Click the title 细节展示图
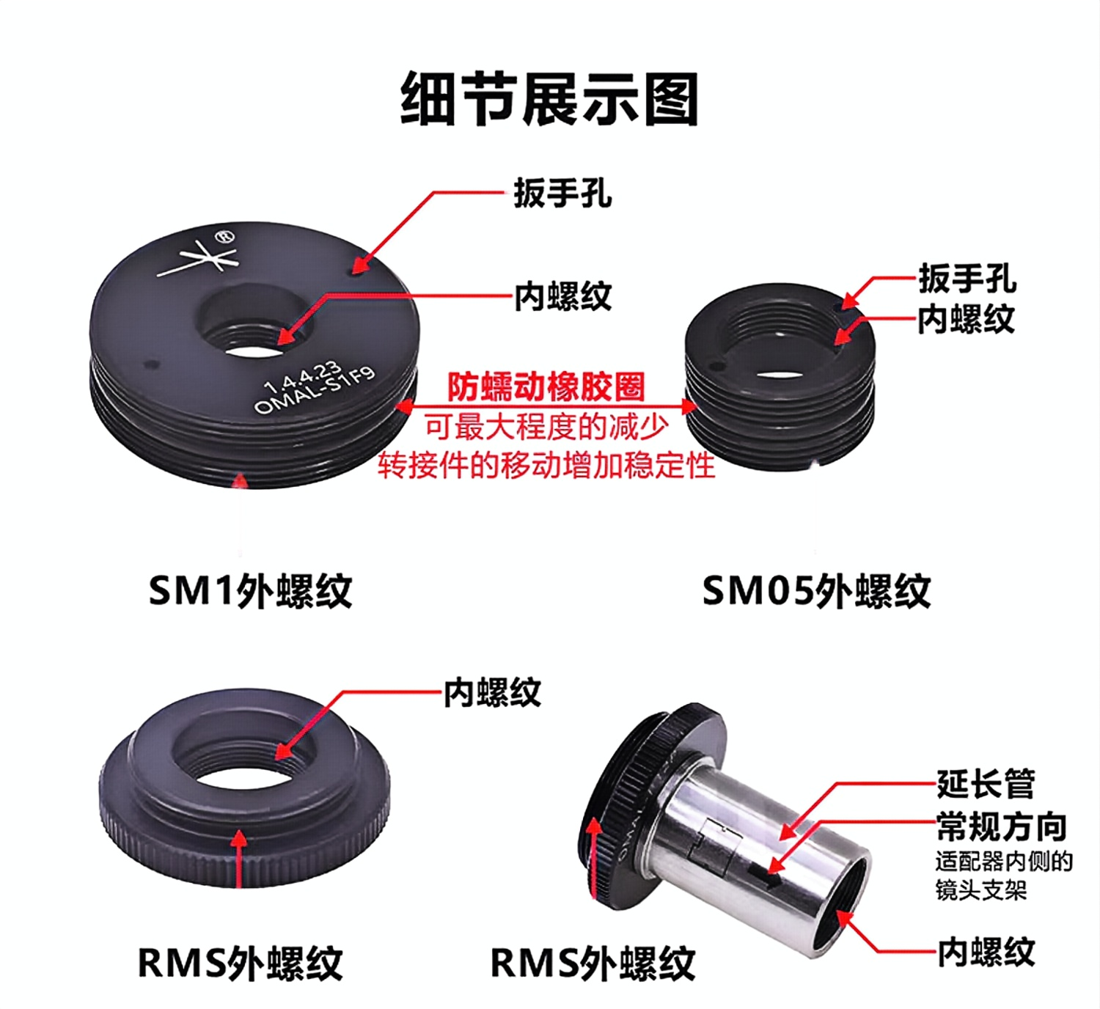point(549,99)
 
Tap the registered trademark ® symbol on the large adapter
point(225,237)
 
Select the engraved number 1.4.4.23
point(302,375)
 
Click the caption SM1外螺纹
point(250,591)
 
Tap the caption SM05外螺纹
point(816,591)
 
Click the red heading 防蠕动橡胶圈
point(546,387)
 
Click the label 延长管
point(986,785)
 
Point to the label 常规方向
point(1001,826)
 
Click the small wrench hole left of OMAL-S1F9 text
point(150,364)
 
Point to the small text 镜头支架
point(981,889)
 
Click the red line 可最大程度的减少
point(547,428)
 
